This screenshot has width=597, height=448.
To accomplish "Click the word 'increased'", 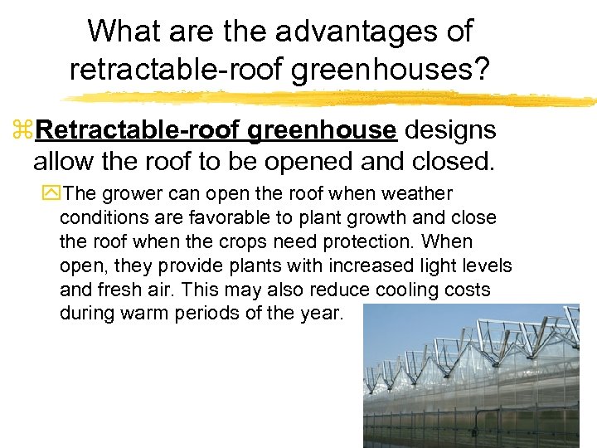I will pyautogui.click(x=369, y=266).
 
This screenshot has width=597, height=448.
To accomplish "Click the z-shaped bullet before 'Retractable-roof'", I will pyautogui.click(x=22, y=131).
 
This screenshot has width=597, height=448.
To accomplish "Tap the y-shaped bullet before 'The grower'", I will pyautogui.click(x=54, y=195).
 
